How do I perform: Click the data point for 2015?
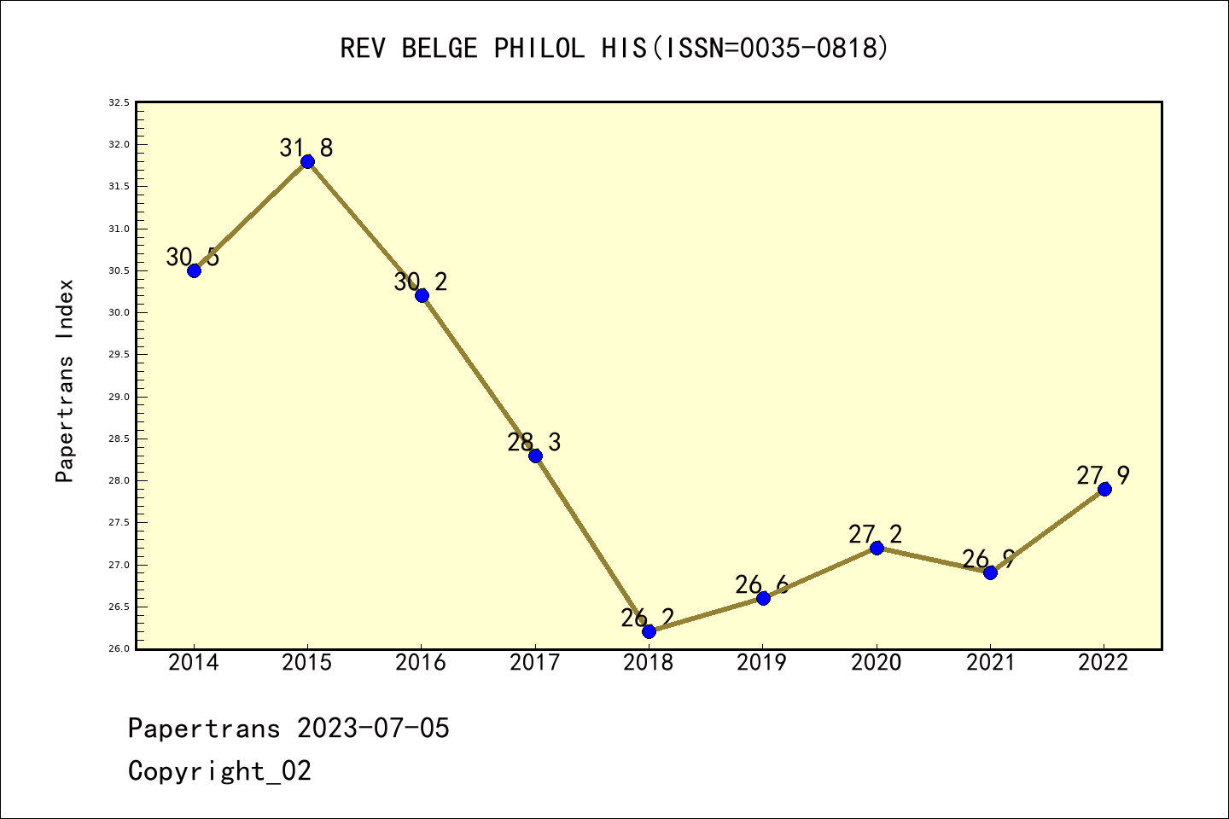coord(307,162)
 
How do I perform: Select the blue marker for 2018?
coord(649,631)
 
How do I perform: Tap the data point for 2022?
coord(1104,489)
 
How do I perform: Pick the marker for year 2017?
coord(535,456)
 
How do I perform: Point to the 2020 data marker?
coord(877,548)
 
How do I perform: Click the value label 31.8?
coord(306,148)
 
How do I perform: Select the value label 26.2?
coord(648,618)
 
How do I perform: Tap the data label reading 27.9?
coord(1104,475)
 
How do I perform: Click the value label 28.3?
coord(534,442)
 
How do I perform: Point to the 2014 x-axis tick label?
coord(194,663)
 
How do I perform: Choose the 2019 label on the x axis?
coord(762,663)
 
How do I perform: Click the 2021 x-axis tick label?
coord(990,663)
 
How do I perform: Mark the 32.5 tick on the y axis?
coord(119,102)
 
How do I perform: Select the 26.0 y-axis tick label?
coord(119,648)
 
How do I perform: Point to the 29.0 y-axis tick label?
coord(119,397)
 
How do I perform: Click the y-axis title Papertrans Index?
coord(65,380)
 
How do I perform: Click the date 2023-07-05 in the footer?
coord(373,728)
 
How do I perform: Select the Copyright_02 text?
coord(220,770)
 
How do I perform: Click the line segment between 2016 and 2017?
coord(478,375)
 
